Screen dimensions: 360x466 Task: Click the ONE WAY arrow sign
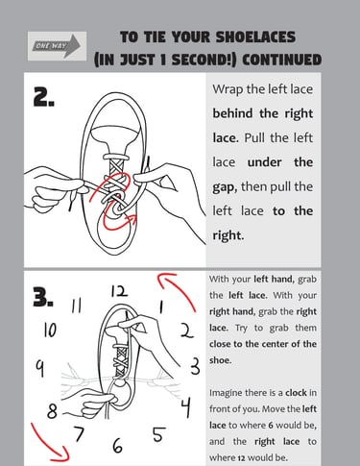[57, 46]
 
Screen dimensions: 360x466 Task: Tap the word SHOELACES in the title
[255, 37]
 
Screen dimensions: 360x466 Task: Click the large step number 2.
[43, 97]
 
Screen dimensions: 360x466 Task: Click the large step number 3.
[43, 297]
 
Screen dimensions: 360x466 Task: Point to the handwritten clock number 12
[119, 291]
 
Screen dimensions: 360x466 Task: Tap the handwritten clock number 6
[117, 446]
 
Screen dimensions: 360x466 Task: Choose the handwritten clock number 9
[39, 368]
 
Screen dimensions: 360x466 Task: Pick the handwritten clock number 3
[195, 366]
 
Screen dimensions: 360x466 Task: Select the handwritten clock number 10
[50, 330]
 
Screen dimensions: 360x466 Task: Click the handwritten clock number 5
[159, 434]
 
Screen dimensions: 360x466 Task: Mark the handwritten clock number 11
[76, 306]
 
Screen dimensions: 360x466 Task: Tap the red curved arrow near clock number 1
[178, 287]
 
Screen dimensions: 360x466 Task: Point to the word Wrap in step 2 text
[228, 89]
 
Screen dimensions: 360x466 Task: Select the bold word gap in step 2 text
[225, 187]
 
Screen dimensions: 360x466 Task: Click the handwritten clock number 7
[79, 433]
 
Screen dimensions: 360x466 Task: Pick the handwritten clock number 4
[185, 407]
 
